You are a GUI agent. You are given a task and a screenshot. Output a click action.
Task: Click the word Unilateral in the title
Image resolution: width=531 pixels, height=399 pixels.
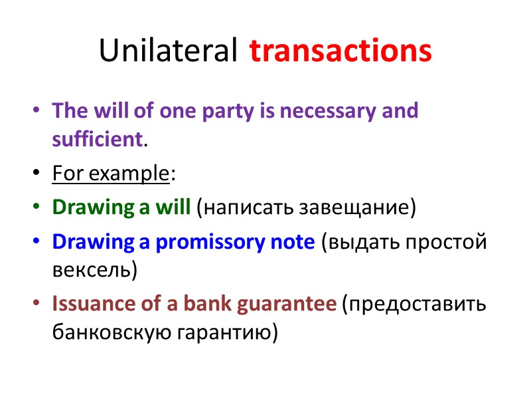pyautogui.click(x=168, y=51)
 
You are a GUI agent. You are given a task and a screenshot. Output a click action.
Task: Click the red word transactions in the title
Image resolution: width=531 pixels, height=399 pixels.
pyautogui.click(x=341, y=51)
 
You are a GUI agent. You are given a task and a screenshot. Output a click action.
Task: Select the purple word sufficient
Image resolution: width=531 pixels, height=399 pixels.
pyautogui.click(x=97, y=140)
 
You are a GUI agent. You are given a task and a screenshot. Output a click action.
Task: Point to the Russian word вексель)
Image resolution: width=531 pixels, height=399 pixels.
pyautogui.click(x=95, y=271)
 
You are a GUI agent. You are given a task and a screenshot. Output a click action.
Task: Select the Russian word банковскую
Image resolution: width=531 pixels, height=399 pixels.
pyautogui.click(x=106, y=332)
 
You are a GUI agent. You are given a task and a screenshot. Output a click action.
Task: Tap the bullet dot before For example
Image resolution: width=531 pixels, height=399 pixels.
pyautogui.click(x=36, y=175)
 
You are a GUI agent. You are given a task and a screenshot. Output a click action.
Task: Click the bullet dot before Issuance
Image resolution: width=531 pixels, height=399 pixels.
pyautogui.click(x=36, y=305)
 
